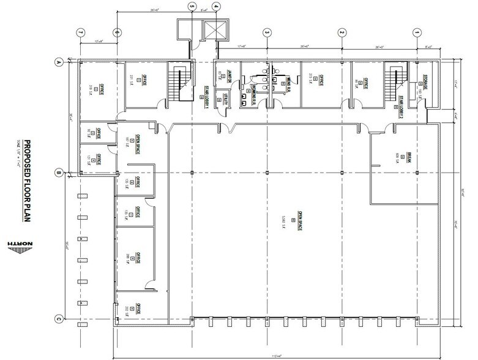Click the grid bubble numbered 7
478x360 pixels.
tap(80, 33)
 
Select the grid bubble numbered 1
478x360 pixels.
tap(417, 33)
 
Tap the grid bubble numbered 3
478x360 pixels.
tap(267, 33)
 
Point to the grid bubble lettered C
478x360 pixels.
tap(59, 318)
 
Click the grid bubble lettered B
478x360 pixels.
tap(59, 173)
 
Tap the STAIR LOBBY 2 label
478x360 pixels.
tap(401, 105)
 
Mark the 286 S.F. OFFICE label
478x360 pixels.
tap(137, 258)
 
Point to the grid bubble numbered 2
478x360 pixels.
tap(342, 33)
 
